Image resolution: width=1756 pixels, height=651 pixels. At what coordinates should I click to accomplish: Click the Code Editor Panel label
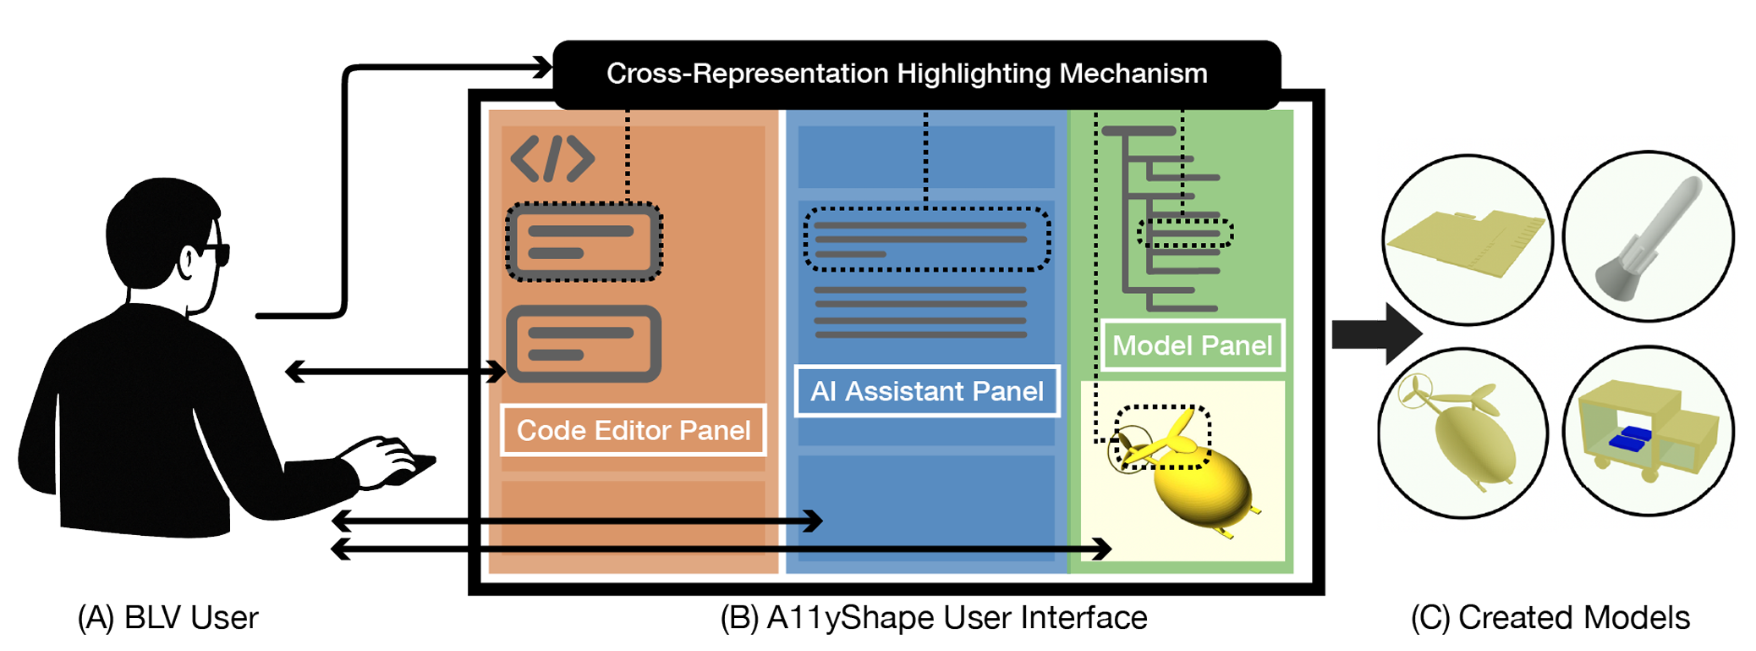[633, 430]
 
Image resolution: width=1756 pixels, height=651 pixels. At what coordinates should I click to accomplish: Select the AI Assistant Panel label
[926, 391]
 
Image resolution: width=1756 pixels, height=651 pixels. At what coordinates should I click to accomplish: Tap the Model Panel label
[1192, 345]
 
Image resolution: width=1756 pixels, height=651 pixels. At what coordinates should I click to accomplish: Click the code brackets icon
[552, 158]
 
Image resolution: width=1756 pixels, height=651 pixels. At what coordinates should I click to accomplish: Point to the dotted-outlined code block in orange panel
[584, 242]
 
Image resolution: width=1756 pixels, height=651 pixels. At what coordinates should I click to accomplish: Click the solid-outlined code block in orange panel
[584, 344]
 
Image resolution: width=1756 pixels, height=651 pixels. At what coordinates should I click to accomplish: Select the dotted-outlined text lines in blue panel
[926, 240]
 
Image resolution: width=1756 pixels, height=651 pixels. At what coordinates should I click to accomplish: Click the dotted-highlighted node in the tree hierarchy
[1185, 233]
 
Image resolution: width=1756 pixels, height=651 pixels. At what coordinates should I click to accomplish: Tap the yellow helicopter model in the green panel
[1193, 483]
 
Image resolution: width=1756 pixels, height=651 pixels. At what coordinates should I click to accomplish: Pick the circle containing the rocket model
[1648, 237]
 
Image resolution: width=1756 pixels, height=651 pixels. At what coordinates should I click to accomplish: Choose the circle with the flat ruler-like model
[1468, 240]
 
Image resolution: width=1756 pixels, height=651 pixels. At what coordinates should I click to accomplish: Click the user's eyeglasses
[211, 252]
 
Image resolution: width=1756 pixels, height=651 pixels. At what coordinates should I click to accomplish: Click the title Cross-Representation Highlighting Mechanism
[907, 74]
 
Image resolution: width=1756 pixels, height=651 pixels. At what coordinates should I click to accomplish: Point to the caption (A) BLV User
[167, 618]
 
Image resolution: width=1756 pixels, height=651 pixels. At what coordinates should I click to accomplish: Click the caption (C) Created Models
[1550, 618]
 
